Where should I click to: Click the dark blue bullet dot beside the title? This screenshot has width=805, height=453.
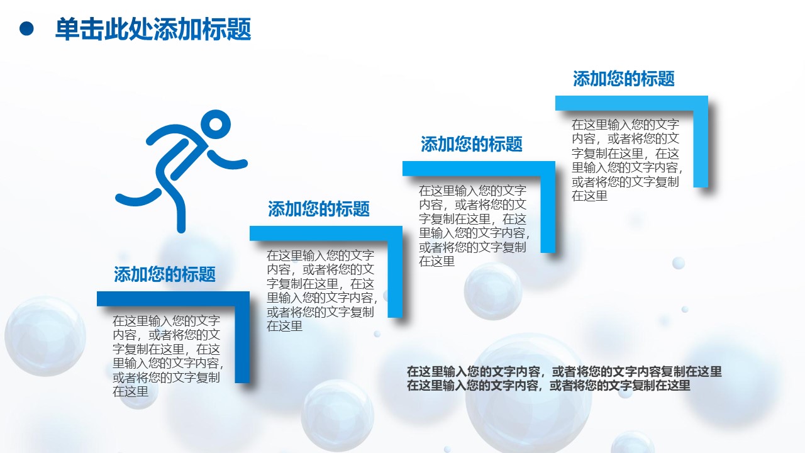point(26,29)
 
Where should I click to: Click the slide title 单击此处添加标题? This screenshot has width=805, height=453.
point(153,30)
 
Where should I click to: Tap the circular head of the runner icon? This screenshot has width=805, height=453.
point(216,125)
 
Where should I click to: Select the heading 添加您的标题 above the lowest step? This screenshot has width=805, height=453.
point(165,274)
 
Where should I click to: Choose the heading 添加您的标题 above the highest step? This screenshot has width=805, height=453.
point(623,79)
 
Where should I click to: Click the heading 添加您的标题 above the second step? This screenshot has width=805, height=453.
point(319,209)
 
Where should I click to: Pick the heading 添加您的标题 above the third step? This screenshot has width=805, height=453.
point(471,144)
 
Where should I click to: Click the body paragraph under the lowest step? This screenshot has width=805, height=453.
point(167,356)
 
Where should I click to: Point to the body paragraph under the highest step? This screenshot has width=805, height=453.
point(626,160)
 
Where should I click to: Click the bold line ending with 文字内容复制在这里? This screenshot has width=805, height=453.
point(563,371)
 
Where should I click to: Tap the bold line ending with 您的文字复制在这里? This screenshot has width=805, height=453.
point(548,386)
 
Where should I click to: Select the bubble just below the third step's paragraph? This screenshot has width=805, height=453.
point(492,291)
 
